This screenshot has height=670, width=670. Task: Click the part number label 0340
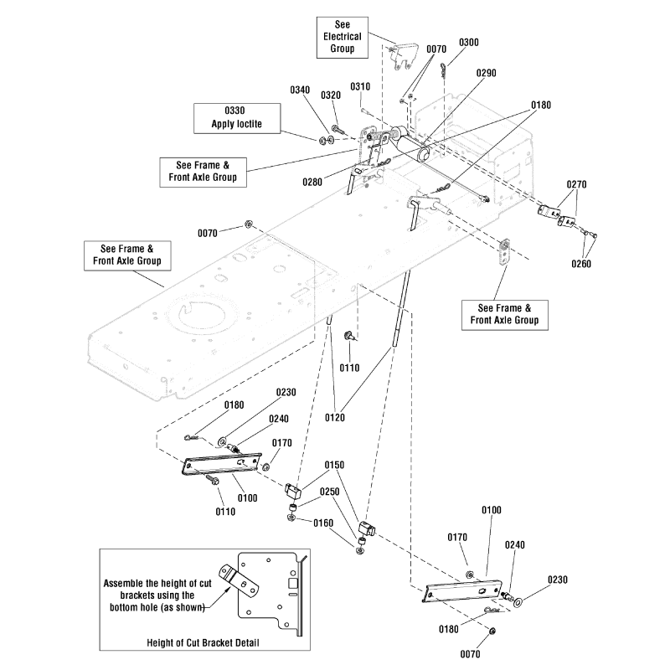pyautogui.click(x=300, y=90)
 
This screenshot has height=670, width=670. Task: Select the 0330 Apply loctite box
pyautogui.click(x=225, y=117)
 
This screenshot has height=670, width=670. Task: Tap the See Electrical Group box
pyautogui.click(x=342, y=37)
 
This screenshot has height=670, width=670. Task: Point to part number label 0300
pyautogui.click(x=470, y=42)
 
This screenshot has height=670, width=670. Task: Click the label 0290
pyautogui.click(x=487, y=74)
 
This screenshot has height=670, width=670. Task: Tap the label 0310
pyautogui.click(x=360, y=87)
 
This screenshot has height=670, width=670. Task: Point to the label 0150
pyautogui.click(x=335, y=465)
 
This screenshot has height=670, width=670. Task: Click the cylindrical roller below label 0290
pyautogui.click(x=413, y=152)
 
